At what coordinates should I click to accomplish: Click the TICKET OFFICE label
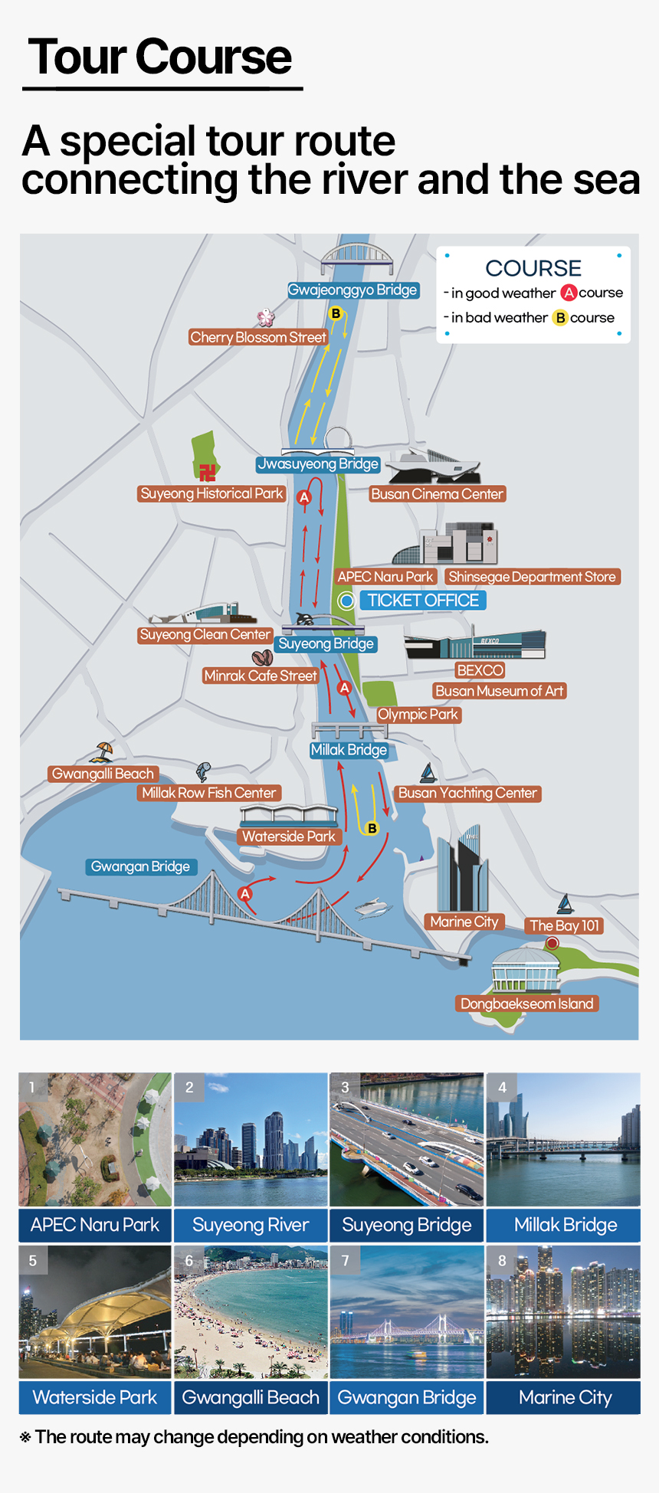423,601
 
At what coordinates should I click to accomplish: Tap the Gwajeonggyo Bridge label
352,290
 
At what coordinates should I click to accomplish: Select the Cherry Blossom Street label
258,337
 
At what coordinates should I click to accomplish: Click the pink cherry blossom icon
265,317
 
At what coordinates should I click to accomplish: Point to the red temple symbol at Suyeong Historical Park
207,472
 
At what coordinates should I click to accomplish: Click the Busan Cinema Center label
437,494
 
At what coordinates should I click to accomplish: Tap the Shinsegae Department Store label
532,577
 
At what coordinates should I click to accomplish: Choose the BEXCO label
480,670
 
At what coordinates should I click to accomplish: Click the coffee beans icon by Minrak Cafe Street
262,657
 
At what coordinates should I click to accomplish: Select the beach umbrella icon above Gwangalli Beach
102,751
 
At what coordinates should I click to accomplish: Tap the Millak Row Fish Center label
208,793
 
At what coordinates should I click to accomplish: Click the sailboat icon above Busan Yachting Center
428,773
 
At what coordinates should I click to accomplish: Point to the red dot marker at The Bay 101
552,944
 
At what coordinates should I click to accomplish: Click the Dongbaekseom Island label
527,1004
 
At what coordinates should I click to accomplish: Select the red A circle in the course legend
569,293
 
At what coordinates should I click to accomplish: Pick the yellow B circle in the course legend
560,317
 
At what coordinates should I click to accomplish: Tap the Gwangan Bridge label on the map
140,866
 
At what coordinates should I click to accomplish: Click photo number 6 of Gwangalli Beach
251,1311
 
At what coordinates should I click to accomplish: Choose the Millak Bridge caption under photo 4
565,1225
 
